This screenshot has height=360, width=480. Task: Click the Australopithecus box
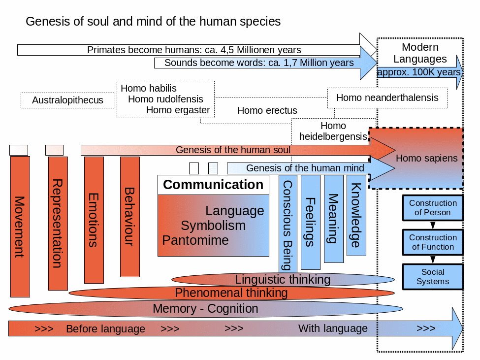(x=67, y=100)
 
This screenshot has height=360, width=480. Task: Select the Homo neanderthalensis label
(x=387, y=98)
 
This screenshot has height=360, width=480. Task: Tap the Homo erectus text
(x=267, y=110)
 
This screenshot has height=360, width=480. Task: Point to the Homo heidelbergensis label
(x=333, y=131)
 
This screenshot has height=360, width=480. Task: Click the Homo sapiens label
(x=427, y=158)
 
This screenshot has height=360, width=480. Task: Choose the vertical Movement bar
(x=20, y=227)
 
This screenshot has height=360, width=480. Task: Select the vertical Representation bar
(x=58, y=224)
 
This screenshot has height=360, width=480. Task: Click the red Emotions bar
(x=94, y=220)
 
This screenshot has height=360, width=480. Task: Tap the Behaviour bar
(x=130, y=217)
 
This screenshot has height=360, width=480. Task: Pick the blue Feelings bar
(x=311, y=222)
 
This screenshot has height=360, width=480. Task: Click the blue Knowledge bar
(x=356, y=215)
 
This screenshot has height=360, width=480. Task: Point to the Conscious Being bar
(x=288, y=224)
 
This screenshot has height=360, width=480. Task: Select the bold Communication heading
(x=213, y=185)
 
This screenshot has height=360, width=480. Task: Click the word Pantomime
(x=195, y=240)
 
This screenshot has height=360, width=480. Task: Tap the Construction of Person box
(x=433, y=208)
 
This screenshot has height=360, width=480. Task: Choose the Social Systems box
(x=433, y=277)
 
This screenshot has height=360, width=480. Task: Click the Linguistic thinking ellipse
(x=283, y=280)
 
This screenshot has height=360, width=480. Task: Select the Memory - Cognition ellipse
(x=206, y=309)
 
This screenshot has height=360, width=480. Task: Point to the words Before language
(x=106, y=329)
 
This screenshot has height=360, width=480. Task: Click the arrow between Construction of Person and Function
(x=433, y=225)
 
